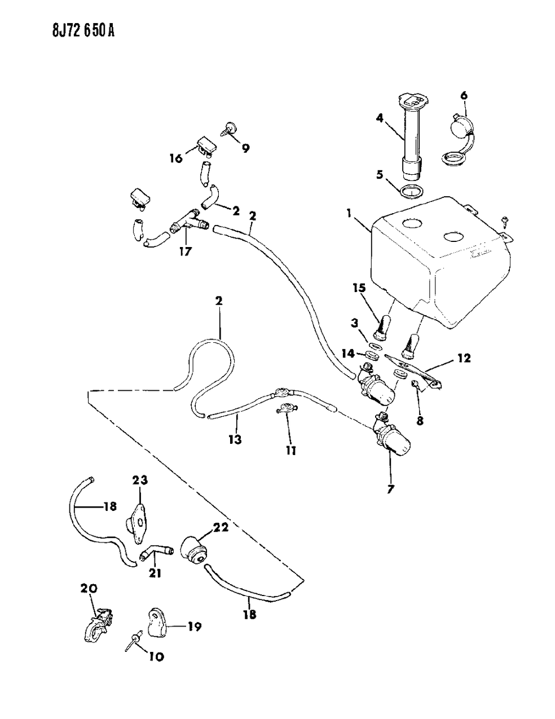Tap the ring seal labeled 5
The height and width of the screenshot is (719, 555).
click(x=413, y=191)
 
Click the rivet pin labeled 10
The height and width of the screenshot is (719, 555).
click(x=135, y=638)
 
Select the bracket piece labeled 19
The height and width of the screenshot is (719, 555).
click(x=161, y=620)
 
